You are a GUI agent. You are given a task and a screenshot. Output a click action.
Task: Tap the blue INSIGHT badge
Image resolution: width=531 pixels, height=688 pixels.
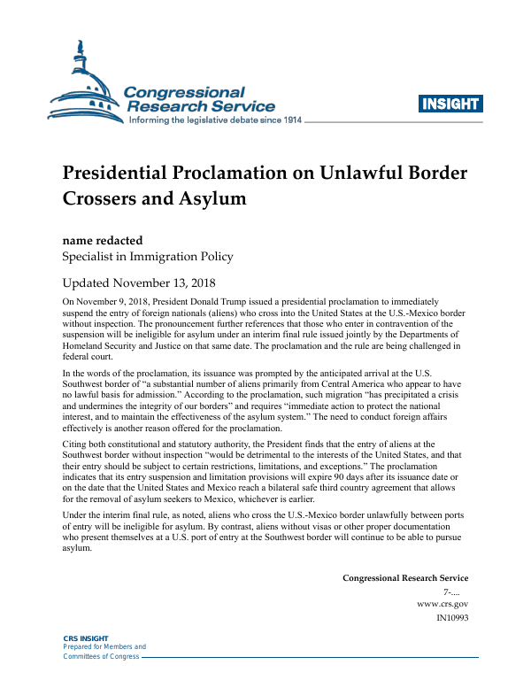(x=450, y=104)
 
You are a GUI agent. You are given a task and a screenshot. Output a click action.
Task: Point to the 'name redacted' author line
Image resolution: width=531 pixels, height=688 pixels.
(x=102, y=240)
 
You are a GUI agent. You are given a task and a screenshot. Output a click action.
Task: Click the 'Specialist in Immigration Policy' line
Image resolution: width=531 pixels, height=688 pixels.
(x=147, y=257)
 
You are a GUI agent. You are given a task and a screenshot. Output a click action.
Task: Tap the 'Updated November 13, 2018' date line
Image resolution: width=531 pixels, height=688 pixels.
(x=139, y=284)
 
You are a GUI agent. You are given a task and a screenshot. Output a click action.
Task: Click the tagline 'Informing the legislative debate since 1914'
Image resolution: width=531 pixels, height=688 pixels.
(x=216, y=120)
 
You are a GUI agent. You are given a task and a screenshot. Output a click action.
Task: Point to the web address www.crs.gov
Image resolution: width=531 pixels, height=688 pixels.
(x=442, y=603)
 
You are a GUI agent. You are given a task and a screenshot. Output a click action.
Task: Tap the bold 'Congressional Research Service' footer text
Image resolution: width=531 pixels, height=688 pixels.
(x=405, y=578)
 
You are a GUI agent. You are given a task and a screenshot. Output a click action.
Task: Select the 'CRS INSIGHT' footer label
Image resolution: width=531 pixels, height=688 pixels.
(x=85, y=638)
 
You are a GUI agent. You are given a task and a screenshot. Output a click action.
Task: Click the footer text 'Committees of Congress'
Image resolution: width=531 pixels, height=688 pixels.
(x=100, y=656)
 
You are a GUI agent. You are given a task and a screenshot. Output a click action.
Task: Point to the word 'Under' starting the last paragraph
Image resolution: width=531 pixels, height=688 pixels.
(x=75, y=514)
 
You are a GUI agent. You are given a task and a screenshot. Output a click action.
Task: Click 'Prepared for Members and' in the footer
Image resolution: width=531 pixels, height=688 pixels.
(x=104, y=647)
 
